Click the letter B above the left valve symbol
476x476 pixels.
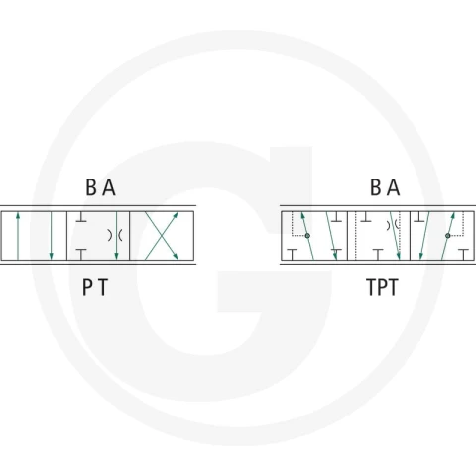[x=91, y=187]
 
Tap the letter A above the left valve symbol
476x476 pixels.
[x=109, y=187]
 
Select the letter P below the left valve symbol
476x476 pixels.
[x=87, y=287]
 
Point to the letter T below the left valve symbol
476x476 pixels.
[x=103, y=287]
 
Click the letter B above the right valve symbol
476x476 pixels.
[x=375, y=187]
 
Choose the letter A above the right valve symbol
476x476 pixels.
[x=394, y=187]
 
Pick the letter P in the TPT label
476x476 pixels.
[x=383, y=287]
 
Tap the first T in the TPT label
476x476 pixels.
[x=372, y=287]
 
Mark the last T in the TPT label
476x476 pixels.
[x=393, y=287]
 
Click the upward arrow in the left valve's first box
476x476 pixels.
[x=18, y=236]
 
